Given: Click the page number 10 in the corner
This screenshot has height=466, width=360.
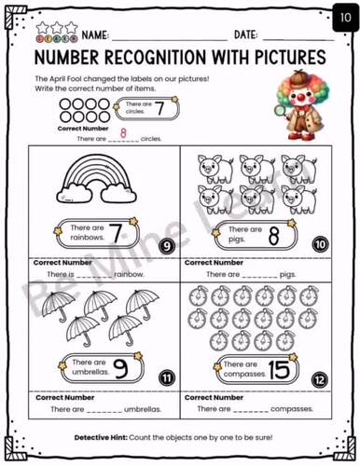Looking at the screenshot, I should [x=340, y=13].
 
